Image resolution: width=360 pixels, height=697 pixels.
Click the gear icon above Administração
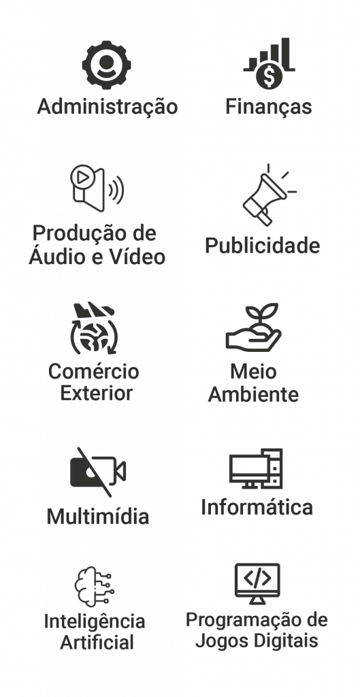click(107, 65)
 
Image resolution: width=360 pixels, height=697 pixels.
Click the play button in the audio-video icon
click(82, 177)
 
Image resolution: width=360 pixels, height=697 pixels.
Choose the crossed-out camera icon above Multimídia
click(98, 472)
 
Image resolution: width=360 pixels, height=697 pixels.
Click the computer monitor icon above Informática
click(256, 468)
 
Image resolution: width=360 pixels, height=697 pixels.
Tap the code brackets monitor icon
click(257, 583)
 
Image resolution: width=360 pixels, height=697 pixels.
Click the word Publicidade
click(262, 245)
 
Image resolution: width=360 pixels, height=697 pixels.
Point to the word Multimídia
click(98, 517)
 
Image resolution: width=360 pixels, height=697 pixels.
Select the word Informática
click(257, 507)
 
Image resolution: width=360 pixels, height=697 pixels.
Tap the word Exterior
click(97, 393)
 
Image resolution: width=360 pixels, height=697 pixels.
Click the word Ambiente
click(253, 394)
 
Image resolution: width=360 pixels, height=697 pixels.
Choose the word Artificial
click(97, 643)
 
